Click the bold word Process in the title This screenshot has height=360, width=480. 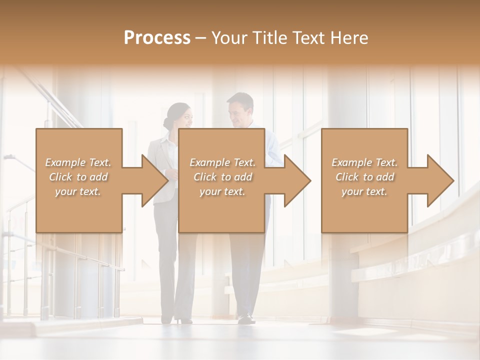pos(157,38)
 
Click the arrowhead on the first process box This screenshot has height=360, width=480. pos(152,180)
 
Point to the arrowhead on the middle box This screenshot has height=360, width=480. pos(295,180)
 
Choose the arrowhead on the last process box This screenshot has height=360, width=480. pos(439,180)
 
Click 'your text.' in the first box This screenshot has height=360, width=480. pos(78,191)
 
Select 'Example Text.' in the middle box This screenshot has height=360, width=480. pos(222,162)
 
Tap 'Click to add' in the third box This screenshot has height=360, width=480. pos(365,177)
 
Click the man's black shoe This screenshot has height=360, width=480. pos(246,318)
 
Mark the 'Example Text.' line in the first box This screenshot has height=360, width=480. pos(78,162)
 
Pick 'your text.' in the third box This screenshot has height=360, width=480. pos(364,191)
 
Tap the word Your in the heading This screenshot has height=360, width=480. pos(230,38)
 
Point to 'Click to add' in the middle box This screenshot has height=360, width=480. pos(223,177)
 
